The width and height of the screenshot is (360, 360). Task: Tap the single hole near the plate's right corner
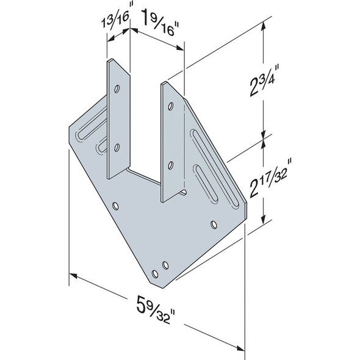[213, 225]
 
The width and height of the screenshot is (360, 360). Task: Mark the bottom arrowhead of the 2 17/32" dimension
[264, 223]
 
